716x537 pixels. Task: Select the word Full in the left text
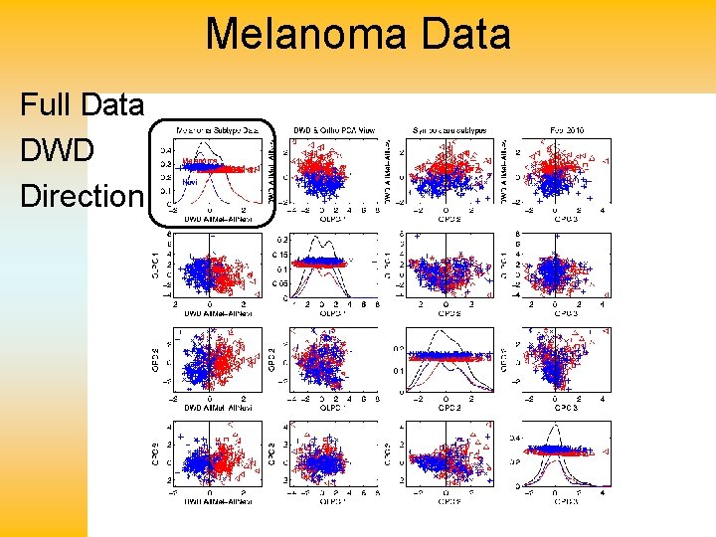tap(46, 103)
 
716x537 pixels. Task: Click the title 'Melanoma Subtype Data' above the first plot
tap(217, 129)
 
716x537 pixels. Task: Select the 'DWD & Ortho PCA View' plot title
tap(333, 129)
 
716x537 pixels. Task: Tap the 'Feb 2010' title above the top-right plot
tap(568, 129)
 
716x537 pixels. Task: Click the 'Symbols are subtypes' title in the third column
tap(450, 129)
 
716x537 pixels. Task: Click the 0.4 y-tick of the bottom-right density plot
tap(515, 438)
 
